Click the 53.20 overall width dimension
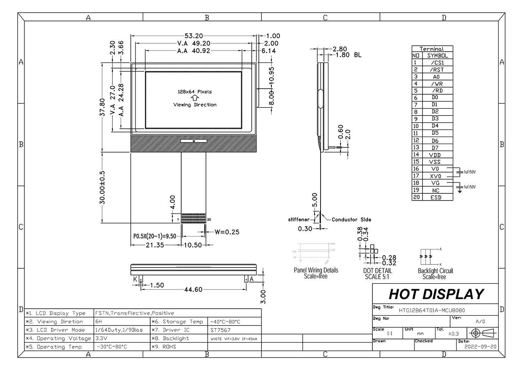pos(194,36)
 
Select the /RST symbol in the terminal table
pos(436,70)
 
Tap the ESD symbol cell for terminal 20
pos(436,198)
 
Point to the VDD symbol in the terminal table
pos(435,155)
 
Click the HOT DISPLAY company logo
pos(436,294)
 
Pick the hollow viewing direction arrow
pos(195,98)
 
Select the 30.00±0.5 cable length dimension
pos(102,188)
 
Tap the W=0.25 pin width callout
pos(227,232)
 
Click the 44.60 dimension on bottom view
pos(193,290)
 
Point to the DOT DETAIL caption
pos(378,270)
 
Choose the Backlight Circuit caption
pos(435,271)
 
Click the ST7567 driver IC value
pos(220,330)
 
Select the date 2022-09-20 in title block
pos(480,347)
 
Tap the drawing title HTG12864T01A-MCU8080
pos(432,310)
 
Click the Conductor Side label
pos(351,220)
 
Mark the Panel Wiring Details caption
pos(316,270)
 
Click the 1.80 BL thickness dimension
pos(348,55)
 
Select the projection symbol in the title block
pos(483,333)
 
